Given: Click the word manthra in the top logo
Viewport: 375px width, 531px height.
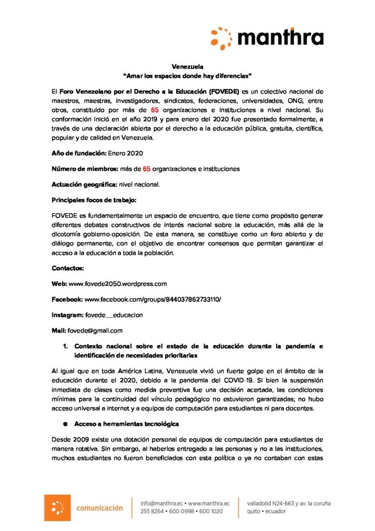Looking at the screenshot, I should point(282,38).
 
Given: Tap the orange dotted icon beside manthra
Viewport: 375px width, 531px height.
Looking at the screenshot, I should point(222,38).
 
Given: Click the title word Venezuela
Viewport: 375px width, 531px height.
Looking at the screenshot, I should point(187,66).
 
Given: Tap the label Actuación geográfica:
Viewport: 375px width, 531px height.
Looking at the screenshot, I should point(84,184).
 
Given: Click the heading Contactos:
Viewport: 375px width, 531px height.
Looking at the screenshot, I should point(68,268).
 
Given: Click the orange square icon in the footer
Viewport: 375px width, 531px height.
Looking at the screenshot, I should point(57,507).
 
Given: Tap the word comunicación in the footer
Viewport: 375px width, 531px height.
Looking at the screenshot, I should point(99,507).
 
